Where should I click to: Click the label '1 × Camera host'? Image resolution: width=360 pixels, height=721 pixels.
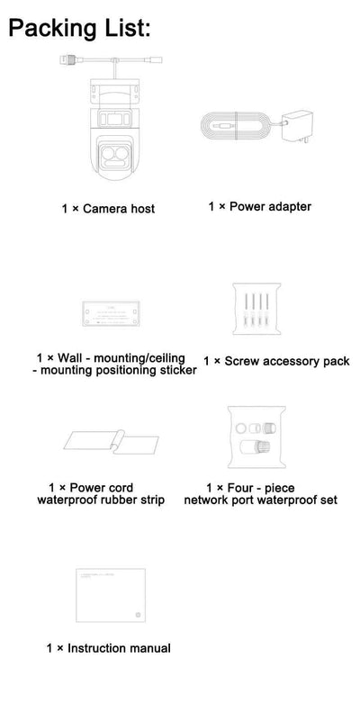(x=108, y=209)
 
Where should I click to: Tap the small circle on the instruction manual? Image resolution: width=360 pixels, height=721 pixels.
(x=137, y=617)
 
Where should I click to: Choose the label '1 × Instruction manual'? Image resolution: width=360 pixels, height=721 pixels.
(x=108, y=648)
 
